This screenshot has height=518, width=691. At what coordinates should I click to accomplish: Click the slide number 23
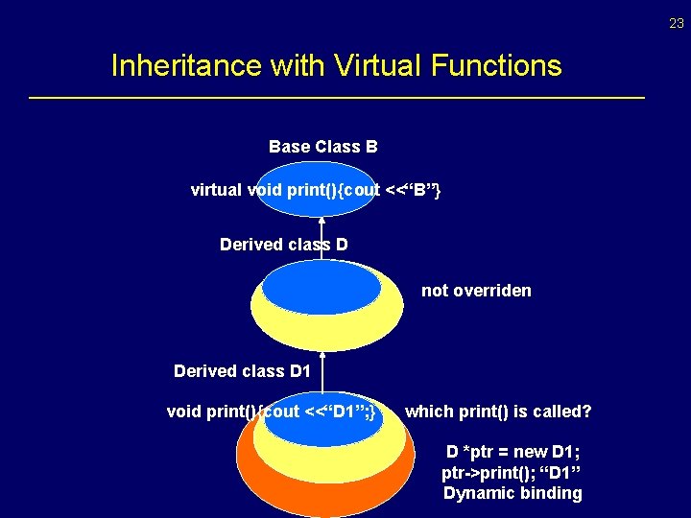click(x=677, y=24)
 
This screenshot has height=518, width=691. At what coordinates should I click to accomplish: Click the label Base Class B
click(x=322, y=147)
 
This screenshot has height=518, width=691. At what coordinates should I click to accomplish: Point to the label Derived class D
click(x=283, y=245)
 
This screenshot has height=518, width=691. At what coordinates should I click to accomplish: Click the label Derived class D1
click(x=242, y=371)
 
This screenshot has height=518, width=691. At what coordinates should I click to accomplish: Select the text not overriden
click(x=476, y=291)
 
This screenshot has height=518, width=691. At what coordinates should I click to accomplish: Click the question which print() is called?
click(x=498, y=412)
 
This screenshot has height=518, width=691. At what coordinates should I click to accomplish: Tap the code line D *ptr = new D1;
click(x=512, y=452)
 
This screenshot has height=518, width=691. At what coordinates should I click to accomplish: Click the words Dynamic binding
click(x=512, y=493)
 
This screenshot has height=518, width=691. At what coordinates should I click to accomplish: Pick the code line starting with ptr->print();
click(x=512, y=473)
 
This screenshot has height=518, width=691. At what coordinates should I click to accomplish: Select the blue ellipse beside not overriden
click(x=321, y=289)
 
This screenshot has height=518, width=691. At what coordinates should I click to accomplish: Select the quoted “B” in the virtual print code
click(x=421, y=190)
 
